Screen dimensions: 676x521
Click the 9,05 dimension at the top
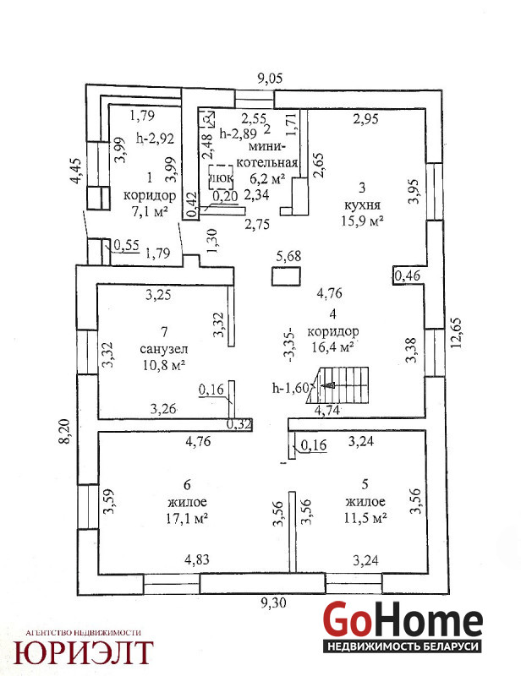(270, 79)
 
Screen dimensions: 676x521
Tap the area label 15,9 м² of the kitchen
(362, 221)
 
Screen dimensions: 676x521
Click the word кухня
(362, 204)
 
